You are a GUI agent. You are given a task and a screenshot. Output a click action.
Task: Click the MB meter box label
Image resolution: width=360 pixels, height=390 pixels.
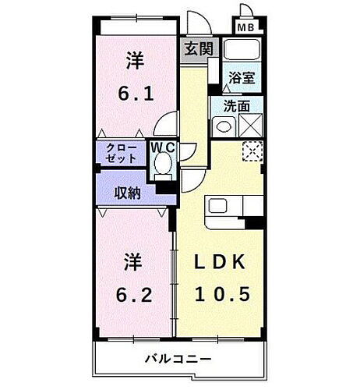click(247, 27)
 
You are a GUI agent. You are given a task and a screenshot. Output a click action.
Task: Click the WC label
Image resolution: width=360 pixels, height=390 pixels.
click(162, 146)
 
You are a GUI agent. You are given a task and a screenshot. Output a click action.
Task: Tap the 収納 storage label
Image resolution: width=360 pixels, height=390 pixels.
click(126, 191)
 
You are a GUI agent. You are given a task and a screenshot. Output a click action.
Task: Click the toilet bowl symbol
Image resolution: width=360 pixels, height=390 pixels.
click(163, 164)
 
